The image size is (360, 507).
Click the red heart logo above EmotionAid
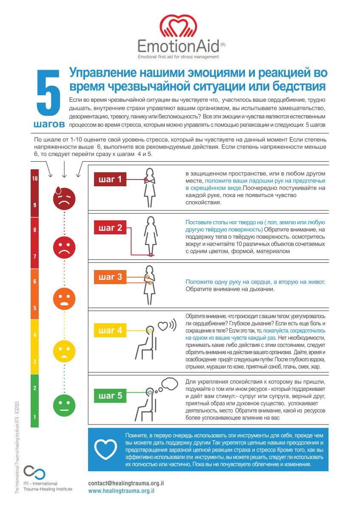tap(179, 26)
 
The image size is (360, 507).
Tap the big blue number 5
tap(50, 95)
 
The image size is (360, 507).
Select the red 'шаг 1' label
tap(111, 179)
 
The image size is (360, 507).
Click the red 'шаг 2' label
tap(111, 228)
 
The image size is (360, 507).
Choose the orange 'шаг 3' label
tap(111, 277)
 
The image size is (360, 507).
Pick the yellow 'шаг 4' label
tap(111, 330)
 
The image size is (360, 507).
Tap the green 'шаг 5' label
tap(111, 396)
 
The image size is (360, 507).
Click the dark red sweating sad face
tap(64, 199)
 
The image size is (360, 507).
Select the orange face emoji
tap(64, 299)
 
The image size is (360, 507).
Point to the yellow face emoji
tap(64, 351)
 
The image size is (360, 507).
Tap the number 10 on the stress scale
tap(35, 179)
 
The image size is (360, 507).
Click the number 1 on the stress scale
tap(35, 417)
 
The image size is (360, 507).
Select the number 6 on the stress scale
tap(35, 282)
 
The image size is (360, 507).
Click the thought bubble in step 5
tap(169, 384)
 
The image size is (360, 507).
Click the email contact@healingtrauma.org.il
tap(126, 484)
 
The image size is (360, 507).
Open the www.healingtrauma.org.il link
tap(121, 491)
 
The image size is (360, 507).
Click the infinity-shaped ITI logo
tap(34, 473)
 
